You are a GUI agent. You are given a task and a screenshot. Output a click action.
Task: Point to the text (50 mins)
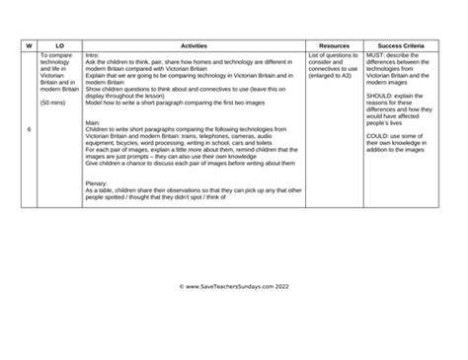point(55,103)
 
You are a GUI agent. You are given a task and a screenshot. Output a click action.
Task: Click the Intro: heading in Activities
point(93,55)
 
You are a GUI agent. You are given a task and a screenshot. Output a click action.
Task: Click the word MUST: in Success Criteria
point(378,55)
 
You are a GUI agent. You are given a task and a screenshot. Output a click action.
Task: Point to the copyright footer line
point(233,287)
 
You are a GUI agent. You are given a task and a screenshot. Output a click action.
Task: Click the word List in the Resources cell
point(313,55)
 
